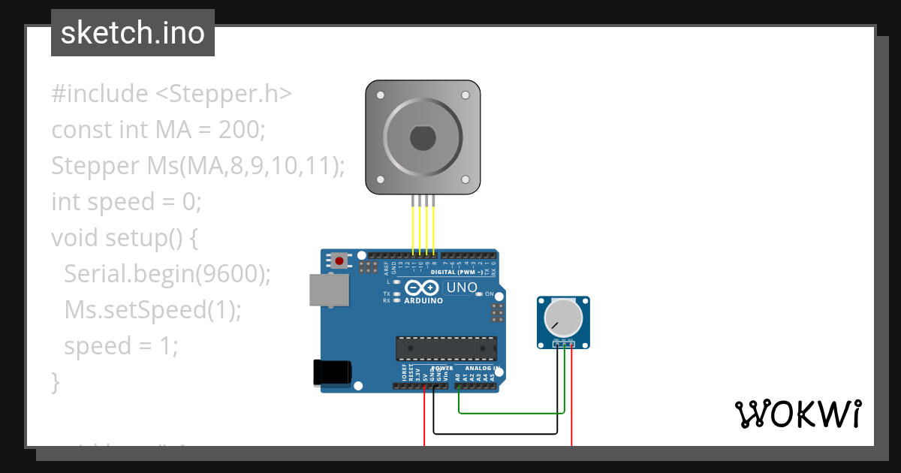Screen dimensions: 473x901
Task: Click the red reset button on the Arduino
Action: pyautogui.click(x=339, y=261)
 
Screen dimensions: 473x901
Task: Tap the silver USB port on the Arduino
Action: pyautogui.click(x=330, y=290)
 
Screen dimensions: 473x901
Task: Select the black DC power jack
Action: pyautogui.click(x=333, y=373)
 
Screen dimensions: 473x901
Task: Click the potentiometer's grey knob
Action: pyautogui.click(x=563, y=317)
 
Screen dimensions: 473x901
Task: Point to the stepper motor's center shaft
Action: pyautogui.click(x=423, y=138)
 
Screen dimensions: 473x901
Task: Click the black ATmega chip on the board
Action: pyautogui.click(x=446, y=348)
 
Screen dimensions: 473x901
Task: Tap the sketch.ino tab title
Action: pyautogui.click(x=133, y=33)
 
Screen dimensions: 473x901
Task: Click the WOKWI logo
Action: pyautogui.click(x=797, y=414)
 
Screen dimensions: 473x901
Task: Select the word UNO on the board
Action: pyautogui.click(x=462, y=288)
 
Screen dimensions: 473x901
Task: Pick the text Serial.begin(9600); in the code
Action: pyautogui.click(x=167, y=274)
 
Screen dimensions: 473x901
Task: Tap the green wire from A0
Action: pyautogui.click(x=511, y=412)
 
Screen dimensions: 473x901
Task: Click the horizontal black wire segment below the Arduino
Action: pyautogui.click(x=496, y=432)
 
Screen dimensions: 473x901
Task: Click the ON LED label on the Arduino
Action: pyautogui.click(x=489, y=294)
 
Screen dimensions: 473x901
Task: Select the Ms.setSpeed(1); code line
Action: pyautogui.click(x=153, y=310)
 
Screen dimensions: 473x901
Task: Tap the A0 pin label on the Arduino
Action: pyautogui.click(x=457, y=376)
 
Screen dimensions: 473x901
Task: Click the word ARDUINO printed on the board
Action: pyautogui.click(x=423, y=300)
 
